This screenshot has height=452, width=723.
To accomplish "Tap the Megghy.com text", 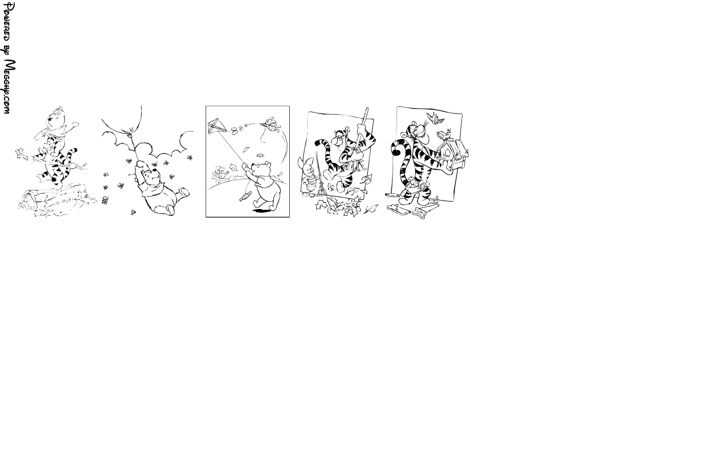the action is click(x=9, y=86).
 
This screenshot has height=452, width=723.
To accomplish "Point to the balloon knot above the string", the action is click(x=131, y=130).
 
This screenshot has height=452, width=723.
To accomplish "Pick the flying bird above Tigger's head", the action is click(x=435, y=118).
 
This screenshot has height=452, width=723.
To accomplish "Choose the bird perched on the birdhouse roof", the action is click(x=444, y=134).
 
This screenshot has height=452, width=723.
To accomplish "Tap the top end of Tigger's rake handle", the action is click(x=367, y=109).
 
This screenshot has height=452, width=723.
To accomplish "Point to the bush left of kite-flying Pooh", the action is click(x=220, y=173).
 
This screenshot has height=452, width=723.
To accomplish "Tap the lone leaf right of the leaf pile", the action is click(x=371, y=208).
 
